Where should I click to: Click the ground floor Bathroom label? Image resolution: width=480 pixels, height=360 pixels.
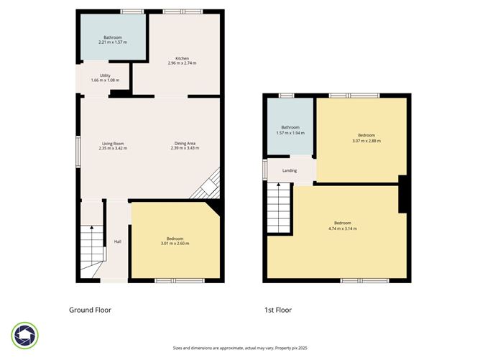113,37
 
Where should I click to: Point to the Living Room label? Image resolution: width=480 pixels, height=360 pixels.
111,143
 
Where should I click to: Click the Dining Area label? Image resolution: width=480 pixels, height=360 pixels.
185,143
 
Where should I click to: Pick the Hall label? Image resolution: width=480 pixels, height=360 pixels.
117,241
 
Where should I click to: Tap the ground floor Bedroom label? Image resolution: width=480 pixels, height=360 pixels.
175,239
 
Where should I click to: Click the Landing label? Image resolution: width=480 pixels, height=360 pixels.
290,170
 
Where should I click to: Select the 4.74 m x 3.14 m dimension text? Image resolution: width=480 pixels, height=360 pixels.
342,229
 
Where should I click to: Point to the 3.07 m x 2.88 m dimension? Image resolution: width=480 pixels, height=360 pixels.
366,141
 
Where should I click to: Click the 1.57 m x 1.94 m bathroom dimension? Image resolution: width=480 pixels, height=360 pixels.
290,133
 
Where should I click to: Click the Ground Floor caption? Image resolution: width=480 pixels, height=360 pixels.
90,310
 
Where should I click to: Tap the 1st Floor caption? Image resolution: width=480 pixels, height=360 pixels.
277,310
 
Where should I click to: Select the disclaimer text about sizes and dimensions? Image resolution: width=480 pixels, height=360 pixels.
239,347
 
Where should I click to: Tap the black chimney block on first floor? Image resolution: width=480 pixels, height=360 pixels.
403,194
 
